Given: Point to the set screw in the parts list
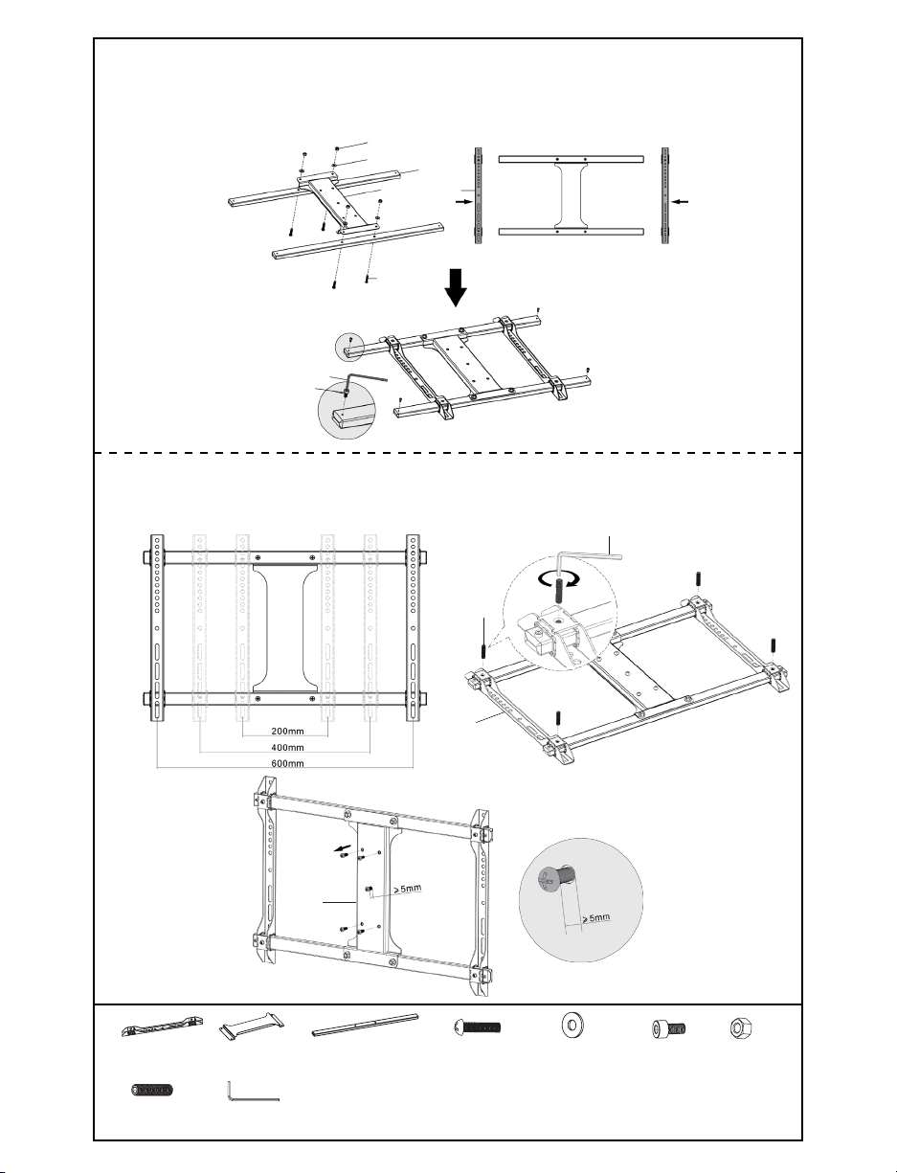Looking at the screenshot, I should (150, 1091).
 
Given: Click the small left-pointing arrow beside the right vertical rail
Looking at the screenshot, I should (682, 202).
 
